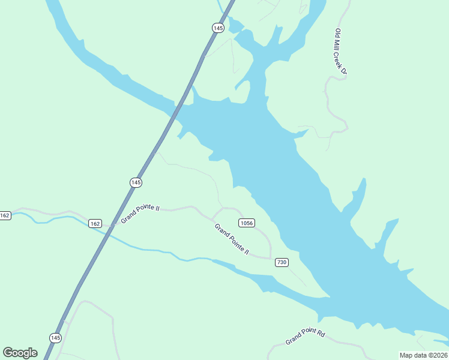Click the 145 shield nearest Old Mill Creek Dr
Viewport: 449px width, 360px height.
click(218, 28)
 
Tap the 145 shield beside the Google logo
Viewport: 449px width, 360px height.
click(55, 338)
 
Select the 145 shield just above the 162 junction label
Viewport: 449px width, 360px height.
click(136, 182)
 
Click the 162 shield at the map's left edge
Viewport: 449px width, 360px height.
click(5, 215)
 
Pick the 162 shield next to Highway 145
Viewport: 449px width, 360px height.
click(95, 223)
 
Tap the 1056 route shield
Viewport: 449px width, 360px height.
click(246, 223)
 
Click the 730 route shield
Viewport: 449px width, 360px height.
click(282, 262)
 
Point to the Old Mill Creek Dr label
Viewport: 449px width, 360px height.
click(340, 51)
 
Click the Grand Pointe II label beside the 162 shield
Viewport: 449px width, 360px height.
click(140, 214)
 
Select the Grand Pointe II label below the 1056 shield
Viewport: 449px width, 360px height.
click(232, 239)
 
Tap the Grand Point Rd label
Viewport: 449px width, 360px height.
click(305, 337)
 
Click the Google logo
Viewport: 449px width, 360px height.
click(20, 352)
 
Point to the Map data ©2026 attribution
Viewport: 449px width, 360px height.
click(423, 355)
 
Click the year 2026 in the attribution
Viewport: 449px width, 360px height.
click(439, 355)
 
